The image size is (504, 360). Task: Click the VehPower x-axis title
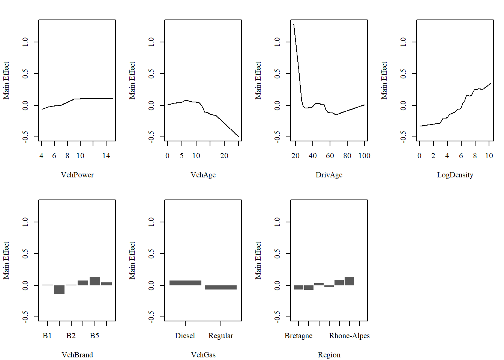pyautogui.click(x=77, y=175)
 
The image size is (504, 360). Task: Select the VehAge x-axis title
pyautogui.click(x=203, y=175)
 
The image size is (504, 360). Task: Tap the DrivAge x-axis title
pyautogui.click(x=329, y=175)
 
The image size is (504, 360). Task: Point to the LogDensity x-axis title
pyautogui.click(x=455, y=175)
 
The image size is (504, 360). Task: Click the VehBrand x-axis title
pyautogui.click(x=77, y=355)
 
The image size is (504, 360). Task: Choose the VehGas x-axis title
pyautogui.click(x=203, y=355)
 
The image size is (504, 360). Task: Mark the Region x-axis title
pyautogui.click(x=329, y=355)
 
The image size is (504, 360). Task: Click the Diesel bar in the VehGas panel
pyautogui.click(x=185, y=283)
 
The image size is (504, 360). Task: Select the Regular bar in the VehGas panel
pyautogui.click(x=220, y=287)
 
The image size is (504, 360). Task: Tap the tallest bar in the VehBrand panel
pyautogui.click(x=95, y=281)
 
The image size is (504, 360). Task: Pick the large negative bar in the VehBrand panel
pyautogui.click(x=59, y=289)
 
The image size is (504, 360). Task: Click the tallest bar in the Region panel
pyautogui.click(x=349, y=281)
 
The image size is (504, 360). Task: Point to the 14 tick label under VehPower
pyautogui.click(x=106, y=156)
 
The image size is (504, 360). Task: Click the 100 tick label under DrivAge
pyautogui.click(x=364, y=156)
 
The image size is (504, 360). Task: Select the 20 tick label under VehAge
pyautogui.click(x=224, y=156)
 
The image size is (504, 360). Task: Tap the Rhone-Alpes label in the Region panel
pyautogui.click(x=349, y=336)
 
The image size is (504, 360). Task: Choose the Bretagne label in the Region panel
pyautogui.click(x=298, y=336)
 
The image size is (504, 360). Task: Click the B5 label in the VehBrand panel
pyautogui.click(x=94, y=336)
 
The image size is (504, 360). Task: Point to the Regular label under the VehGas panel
pyautogui.click(x=220, y=336)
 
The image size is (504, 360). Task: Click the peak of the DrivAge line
pyautogui.click(x=294, y=25)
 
